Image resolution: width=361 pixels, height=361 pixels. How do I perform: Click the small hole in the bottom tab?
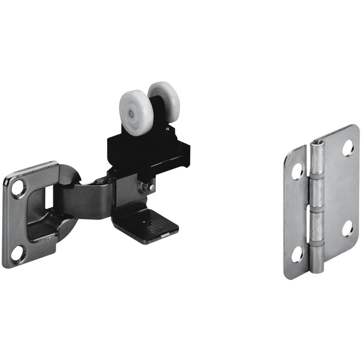coord(146,222)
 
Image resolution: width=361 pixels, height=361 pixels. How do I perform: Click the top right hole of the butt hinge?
coord(348,147)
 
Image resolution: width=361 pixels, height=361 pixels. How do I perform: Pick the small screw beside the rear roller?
coord(167,129)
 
